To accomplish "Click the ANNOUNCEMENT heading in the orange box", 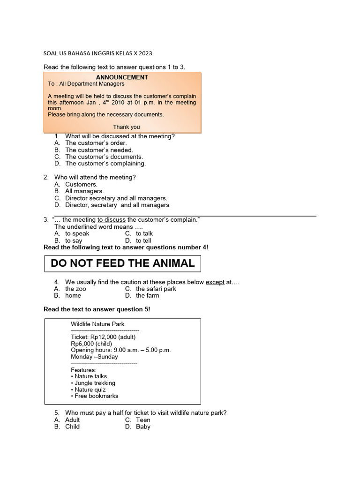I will click(x=122, y=77).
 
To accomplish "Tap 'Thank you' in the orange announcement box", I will click(x=127, y=127).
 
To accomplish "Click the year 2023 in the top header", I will click(x=145, y=53).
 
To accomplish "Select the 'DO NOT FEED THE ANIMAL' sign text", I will click(x=122, y=263).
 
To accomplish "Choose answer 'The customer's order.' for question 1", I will click(x=96, y=143).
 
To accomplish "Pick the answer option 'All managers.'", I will click(x=84, y=191).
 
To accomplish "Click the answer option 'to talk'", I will click(x=144, y=233).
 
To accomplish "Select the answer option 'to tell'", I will click(x=143, y=240).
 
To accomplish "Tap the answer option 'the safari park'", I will click(x=156, y=289).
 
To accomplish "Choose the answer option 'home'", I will click(x=73, y=296).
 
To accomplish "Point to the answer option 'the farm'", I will click(x=148, y=296).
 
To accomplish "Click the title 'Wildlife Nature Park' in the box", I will click(x=97, y=324).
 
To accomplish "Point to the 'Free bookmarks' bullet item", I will click(x=97, y=396).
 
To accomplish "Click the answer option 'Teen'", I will click(x=143, y=420).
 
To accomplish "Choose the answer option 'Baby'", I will click(x=143, y=427).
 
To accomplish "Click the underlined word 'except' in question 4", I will click(x=215, y=282).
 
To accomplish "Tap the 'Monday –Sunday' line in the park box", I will click(x=94, y=357).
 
